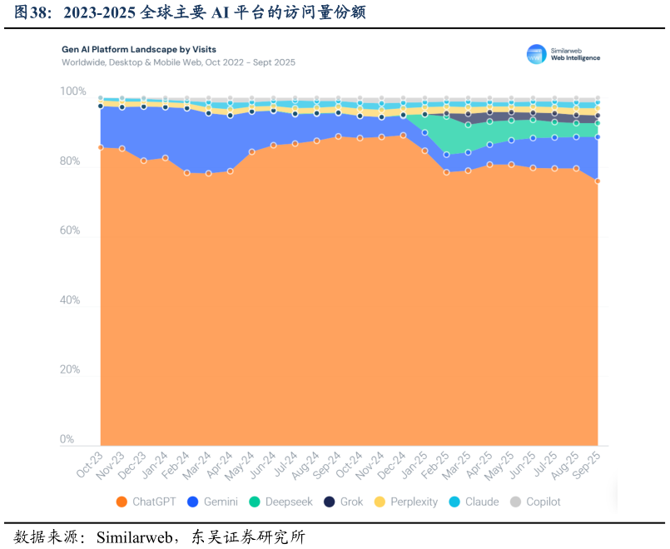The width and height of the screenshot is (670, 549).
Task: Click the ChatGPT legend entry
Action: (146, 502)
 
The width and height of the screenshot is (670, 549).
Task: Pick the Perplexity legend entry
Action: (405, 502)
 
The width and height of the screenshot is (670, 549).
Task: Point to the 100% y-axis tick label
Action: (72, 91)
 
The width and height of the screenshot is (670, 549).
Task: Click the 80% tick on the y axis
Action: (70, 161)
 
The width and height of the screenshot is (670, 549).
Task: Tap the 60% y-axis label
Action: (70, 230)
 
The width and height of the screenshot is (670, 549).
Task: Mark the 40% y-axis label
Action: (70, 300)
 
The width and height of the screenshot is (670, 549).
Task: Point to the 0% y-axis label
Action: (67, 439)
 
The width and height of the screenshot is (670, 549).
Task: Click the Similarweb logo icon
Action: (537, 55)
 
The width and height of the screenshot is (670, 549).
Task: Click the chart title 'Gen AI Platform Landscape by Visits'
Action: (139, 50)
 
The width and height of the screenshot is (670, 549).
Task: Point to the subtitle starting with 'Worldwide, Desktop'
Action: (178, 62)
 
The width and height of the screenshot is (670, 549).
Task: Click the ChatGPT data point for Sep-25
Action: (598, 181)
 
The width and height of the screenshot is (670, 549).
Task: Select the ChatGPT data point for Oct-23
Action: (101, 147)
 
